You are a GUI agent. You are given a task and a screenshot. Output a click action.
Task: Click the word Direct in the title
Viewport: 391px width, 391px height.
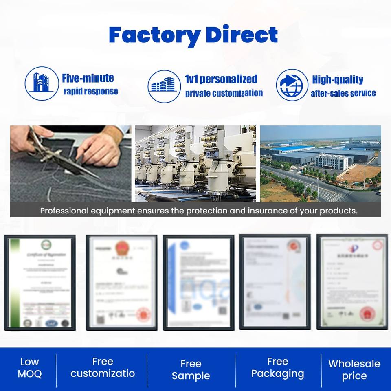pyautogui.click(x=242, y=35)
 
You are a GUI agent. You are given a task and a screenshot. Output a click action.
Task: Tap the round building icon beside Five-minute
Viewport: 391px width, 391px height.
pyautogui.click(x=42, y=84)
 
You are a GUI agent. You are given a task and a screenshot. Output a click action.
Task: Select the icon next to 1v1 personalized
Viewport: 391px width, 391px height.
pyautogui.click(x=164, y=85)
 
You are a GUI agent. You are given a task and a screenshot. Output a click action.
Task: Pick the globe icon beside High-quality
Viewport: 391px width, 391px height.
pyautogui.click(x=292, y=85)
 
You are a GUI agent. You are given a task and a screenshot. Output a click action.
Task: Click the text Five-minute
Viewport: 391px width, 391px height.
pyautogui.click(x=88, y=78)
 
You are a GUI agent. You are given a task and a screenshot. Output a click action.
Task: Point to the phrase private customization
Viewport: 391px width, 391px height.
pyautogui.click(x=224, y=93)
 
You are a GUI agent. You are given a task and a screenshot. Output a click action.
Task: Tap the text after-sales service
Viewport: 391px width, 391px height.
pyautogui.click(x=343, y=93)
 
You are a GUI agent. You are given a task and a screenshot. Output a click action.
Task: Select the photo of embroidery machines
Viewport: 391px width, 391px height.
pyautogui.click(x=195, y=163)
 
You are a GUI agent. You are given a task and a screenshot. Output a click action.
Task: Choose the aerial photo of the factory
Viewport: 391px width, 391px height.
pyautogui.click(x=321, y=163)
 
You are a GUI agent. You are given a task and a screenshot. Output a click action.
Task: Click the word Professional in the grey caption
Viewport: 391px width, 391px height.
pyautogui.click(x=64, y=211)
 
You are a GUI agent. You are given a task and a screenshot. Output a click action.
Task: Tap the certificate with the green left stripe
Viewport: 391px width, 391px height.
pyautogui.click(x=40, y=282)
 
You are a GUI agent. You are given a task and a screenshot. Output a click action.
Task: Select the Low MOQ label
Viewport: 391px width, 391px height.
pyautogui.click(x=29, y=368)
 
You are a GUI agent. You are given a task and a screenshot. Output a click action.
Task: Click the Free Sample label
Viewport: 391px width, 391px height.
pyautogui.click(x=191, y=369)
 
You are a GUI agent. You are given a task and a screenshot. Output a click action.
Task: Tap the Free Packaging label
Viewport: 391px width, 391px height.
pyautogui.click(x=277, y=368)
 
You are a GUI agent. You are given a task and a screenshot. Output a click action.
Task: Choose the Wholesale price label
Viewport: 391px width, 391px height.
pyautogui.click(x=354, y=369)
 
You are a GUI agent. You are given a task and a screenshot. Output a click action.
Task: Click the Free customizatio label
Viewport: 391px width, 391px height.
pyautogui.click(x=102, y=368)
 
